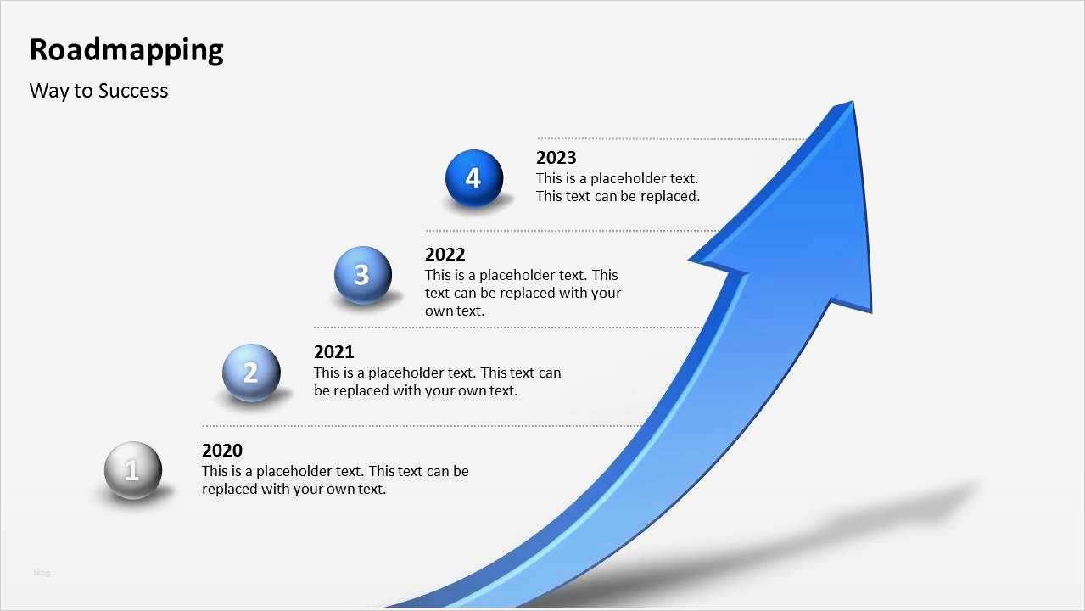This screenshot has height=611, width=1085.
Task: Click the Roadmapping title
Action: pyautogui.click(x=126, y=50)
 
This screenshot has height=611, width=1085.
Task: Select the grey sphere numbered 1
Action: pyautogui.click(x=133, y=470)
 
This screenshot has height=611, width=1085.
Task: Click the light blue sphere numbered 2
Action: pyautogui.click(x=251, y=373)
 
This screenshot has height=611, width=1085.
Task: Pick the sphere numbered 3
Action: pyautogui.click(x=363, y=275)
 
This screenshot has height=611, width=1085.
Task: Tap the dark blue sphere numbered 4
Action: pyautogui.click(x=474, y=178)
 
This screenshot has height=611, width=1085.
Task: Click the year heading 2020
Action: pyautogui.click(x=222, y=450)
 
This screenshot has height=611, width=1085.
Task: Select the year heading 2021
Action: pyautogui.click(x=333, y=352)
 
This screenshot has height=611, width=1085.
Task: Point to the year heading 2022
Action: pyautogui.click(x=445, y=255)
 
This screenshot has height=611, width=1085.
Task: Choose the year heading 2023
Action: pyautogui.click(x=556, y=158)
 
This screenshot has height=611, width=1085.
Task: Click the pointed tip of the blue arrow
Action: pyautogui.click(x=853, y=101)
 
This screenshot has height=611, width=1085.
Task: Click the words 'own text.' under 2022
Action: pyautogui.click(x=455, y=311)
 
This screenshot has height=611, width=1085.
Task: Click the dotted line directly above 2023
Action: pyautogui.click(x=672, y=139)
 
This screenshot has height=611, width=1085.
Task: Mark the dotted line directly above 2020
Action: pyautogui.click(x=422, y=426)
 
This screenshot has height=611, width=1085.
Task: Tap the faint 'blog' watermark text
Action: pyautogui.click(x=42, y=573)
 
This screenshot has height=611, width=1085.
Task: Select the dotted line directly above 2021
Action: pyautogui.click(x=508, y=328)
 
